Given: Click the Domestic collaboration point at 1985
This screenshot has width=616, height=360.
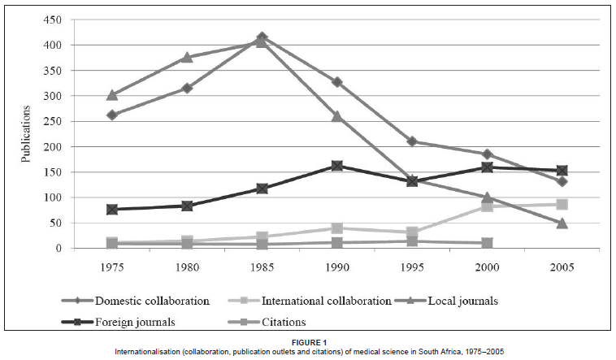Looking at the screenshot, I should coord(261,37).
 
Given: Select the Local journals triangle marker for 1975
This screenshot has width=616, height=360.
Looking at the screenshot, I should coord(112,95).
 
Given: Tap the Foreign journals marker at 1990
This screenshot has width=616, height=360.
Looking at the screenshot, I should coord(336,166).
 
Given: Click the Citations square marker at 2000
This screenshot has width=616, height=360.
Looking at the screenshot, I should coord(487,243).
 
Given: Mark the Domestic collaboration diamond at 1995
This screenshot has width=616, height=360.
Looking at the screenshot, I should coord(412,141).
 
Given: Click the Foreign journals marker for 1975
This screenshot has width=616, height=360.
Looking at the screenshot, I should coord(112,209).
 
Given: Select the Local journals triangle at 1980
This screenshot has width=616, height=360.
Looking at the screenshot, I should coord(187,57).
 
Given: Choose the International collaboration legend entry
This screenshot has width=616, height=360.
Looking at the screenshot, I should coord(325,301).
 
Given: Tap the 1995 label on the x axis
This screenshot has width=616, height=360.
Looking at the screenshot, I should coord(412,267).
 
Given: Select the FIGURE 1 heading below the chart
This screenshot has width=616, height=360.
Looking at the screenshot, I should coord(308,341).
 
